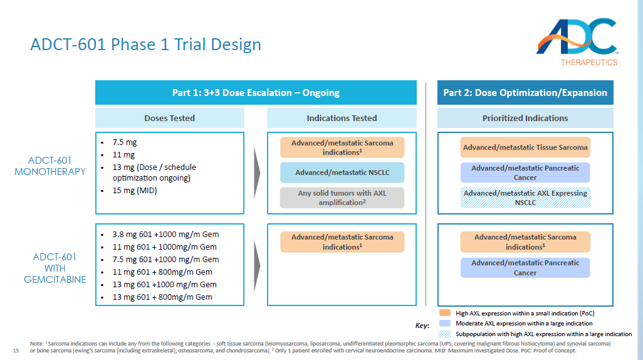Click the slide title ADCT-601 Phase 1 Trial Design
[x=146, y=45]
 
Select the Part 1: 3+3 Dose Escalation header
[x=256, y=93]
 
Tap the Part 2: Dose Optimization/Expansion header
[x=525, y=93]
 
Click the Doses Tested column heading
[x=169, y=118]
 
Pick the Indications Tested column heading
[x=342, y=118]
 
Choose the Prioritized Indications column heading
[x=525, y=118]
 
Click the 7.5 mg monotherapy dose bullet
[x=123, y=142]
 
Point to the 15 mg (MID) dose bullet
[x=134, y=191]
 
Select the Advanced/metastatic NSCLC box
[x=342, y=172]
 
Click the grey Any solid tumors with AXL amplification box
[x=342, y=198]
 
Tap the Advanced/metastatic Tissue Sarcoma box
[x=525, y=147]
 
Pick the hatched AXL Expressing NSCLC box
[x=525, y=198]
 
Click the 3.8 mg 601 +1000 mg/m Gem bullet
[x=165, y=235]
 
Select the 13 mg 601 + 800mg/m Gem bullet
[x=162, y=297]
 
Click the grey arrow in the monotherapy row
[x=256, y=172]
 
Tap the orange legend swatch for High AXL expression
[x=444, y=313]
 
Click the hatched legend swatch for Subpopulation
[x=444, y=334]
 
